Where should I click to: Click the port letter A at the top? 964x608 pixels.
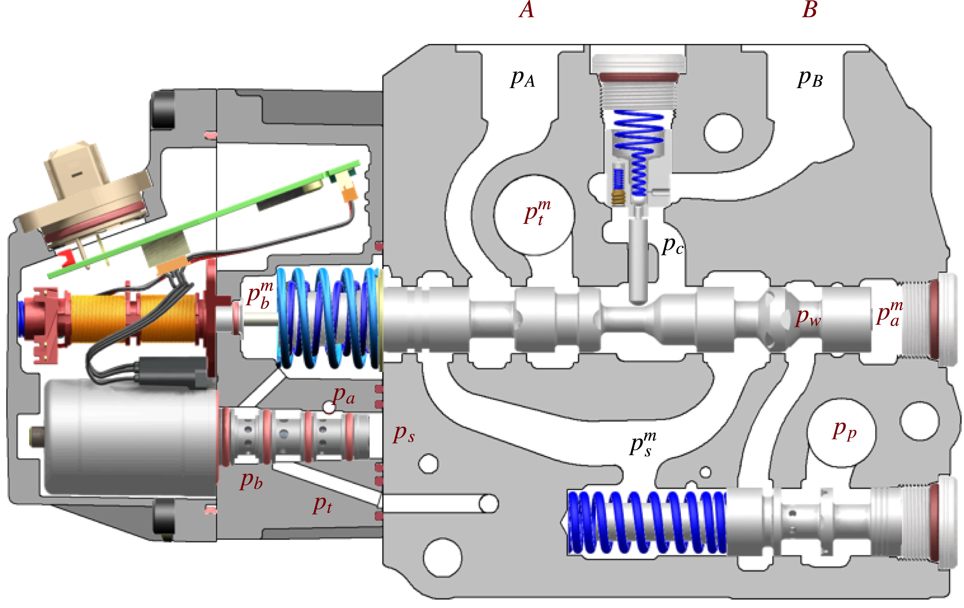point(526,10)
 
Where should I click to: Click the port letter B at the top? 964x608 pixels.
point(810,10)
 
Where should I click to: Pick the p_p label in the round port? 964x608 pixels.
point(845,430)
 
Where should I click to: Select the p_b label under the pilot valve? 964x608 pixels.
point(252,480)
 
